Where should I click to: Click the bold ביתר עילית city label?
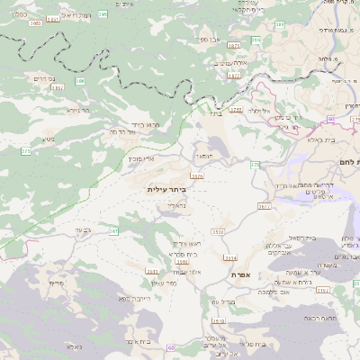click(x=169, y=190)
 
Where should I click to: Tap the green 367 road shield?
click(x=114, y=231)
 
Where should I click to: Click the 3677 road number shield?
click(x=264, y=206)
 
